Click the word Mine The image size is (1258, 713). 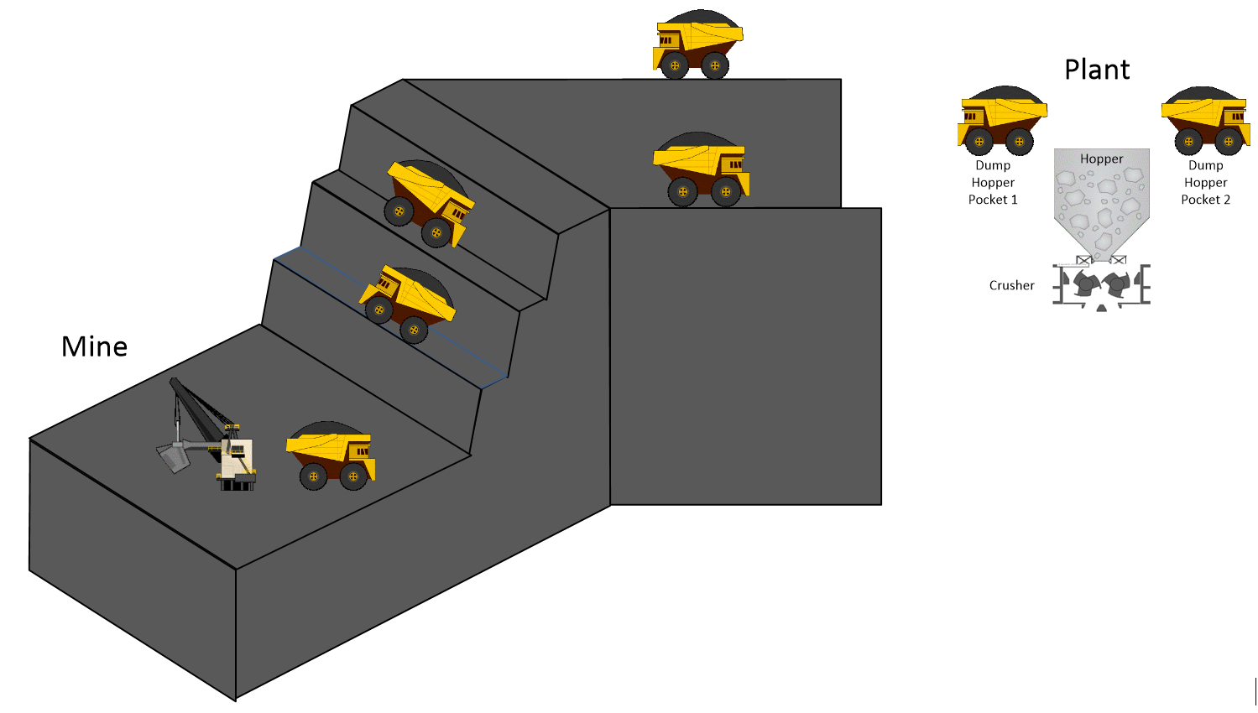tap(94, 346)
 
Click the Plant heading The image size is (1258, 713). tap(1096, 70)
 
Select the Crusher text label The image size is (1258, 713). tap(1011, 285)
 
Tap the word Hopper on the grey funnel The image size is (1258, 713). tap(1101, 159)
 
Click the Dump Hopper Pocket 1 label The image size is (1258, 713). tap(993, 183)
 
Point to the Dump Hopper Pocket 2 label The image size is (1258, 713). tap(1205, 183)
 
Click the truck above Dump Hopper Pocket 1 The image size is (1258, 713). tap(1001, 122)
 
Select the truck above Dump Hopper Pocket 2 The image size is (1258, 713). tap(1206, 122)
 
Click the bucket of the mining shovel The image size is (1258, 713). tap(173, 458)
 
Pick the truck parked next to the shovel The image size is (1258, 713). tap(331, 457)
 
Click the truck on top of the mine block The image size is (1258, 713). tap(697, 46)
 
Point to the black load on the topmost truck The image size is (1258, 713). tap(700, 18)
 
